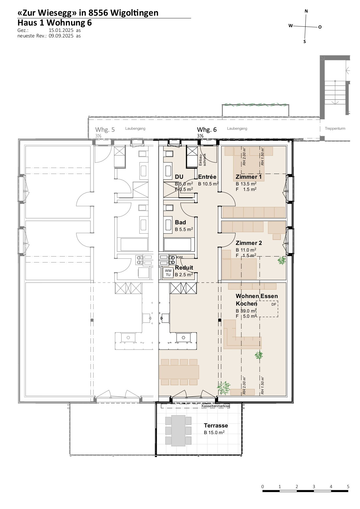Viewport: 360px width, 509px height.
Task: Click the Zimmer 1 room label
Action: [249, 177]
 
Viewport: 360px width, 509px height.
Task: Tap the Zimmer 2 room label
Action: [249, 243]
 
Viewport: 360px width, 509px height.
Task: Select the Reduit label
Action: [184, 268]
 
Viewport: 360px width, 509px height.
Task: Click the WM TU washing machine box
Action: [168, 273]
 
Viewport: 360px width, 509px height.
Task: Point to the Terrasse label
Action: [216, 425]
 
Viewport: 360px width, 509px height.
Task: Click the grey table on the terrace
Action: [178, 430]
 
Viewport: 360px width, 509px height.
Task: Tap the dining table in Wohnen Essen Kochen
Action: [179, 372]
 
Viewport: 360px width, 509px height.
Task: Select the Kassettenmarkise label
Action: [215, 406]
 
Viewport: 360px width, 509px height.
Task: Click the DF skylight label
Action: [274, 304]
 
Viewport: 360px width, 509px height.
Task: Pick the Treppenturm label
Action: [335, 129]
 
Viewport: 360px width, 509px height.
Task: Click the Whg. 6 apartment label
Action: [207, 129]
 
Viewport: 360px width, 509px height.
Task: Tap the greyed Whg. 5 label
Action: [105, 129]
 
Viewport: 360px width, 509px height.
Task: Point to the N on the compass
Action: [306, 11]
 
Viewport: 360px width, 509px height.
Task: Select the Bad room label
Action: [180, 222]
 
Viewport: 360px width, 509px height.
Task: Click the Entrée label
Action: [207, 177]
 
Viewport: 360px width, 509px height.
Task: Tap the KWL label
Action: [180, 257]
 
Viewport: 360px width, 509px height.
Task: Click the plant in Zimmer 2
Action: [281, 260]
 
